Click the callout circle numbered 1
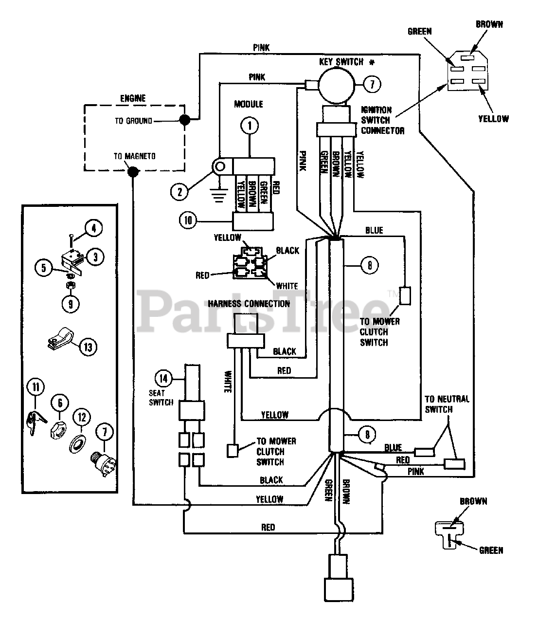coord(250,126)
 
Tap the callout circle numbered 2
coord(179,192)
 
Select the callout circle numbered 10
coord(188,220)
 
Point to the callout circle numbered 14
coord(163,378)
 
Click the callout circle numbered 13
coord(88,347)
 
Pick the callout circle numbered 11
coord(36,387)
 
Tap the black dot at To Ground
coord(185,120)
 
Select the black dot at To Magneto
coord(133,172)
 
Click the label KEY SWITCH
coord(341,62)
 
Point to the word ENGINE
coord(133,98)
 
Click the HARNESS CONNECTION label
coord(249,304)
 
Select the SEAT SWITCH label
coord(161,398)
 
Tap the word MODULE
coord(249,104)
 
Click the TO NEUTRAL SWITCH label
coord(447,404)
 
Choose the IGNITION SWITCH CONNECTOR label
coord(382,120)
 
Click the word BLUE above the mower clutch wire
coord(374,230)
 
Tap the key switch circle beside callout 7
coord(337,85)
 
